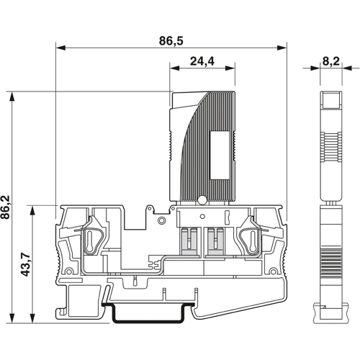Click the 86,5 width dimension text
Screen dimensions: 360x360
(171, 42)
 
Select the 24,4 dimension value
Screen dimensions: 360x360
(202, 62)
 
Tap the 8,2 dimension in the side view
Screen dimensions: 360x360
(331, 62)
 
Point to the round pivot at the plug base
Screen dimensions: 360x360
(204, 201)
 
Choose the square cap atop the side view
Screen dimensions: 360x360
(330, 100)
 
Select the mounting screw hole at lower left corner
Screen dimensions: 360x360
(69, 271)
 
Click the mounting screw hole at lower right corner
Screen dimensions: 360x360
(275, 271)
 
